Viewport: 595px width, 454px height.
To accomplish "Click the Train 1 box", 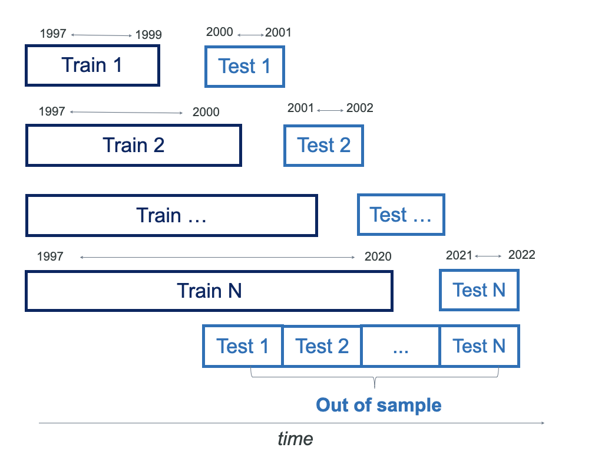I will click(92, 65).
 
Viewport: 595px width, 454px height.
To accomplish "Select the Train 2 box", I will click(134, 145).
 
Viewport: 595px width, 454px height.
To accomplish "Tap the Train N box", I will click(209, 291).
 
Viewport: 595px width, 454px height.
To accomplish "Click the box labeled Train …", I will click(171, 215).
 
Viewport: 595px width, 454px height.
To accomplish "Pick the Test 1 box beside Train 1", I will click(244, 67).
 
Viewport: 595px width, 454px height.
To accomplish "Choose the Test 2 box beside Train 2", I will click(323, 145).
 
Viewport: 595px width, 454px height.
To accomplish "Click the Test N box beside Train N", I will click(479, 290).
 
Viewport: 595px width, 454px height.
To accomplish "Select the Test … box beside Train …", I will click(401, 215).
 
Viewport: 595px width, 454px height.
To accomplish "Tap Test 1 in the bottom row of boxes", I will click(242, 346).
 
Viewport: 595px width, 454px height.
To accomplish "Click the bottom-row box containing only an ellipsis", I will click(401, 346).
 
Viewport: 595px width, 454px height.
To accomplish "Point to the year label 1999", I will click(148, 35).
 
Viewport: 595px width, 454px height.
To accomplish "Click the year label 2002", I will click(359, 108).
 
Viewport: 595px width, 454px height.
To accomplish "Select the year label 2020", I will click(378, 256).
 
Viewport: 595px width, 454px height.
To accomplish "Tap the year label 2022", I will click(521, 255).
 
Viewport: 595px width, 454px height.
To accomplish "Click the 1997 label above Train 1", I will click(53, 34).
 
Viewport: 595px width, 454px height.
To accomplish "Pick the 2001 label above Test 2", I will click(300, 108).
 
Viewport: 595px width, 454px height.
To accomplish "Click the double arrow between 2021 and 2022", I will click(488, 256).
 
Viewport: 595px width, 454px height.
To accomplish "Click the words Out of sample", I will click(379, 405).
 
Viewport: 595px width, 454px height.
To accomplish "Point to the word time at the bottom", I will click(295, 439).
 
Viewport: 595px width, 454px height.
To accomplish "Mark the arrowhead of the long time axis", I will click(542, 423).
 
